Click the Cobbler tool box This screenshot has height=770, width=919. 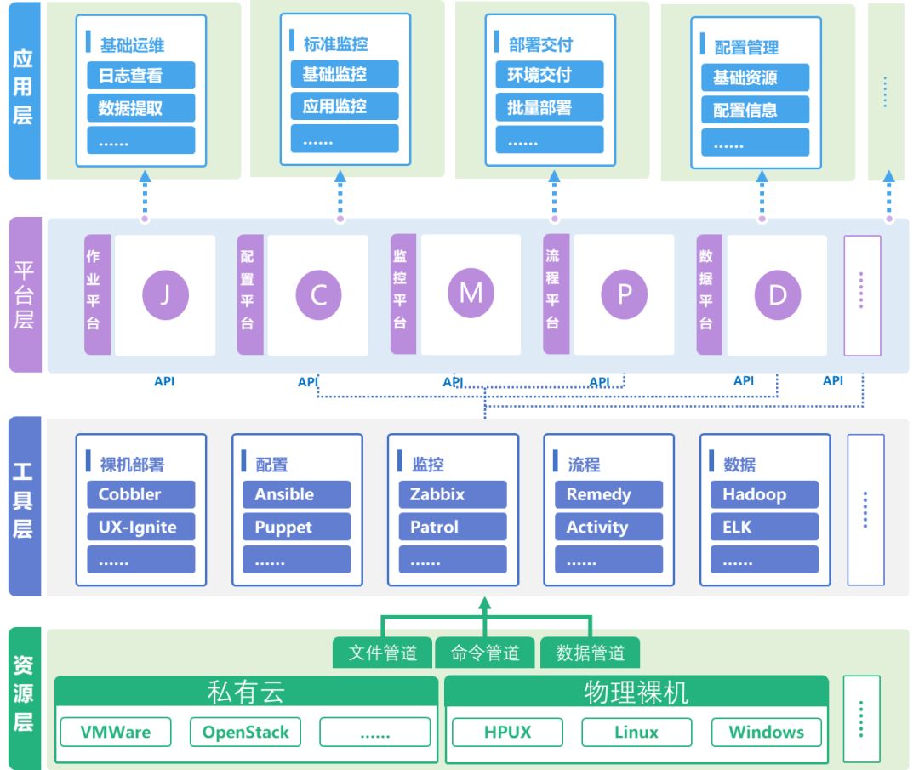(x=140, y=494)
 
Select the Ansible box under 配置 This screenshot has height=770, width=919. (x=296, y=494)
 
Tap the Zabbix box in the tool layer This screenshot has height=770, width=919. (x=453, y=494)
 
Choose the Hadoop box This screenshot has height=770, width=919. (x=764, y=494)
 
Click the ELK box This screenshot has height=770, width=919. (x=764, y=527)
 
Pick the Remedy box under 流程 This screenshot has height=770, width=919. (x=608, y=494)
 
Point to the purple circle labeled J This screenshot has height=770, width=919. (x=165, y=295)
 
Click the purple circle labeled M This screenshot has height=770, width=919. (x=471, y=294)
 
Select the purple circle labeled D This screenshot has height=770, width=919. (x=777, y=295)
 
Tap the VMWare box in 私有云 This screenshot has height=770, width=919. (x=116, y=732)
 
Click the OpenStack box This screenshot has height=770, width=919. (x=245, y=732)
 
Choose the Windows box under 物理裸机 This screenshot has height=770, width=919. (x=766, y=732)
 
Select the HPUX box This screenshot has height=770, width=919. (x=507, y=732)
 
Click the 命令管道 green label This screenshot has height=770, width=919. (x=485, y=653)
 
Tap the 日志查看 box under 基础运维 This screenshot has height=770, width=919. (x=140, y=76)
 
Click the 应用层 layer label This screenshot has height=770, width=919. (x=24, y=89)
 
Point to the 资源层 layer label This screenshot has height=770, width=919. (x=24, y=697)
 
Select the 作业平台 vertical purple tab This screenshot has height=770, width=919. (x=97, y=294)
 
